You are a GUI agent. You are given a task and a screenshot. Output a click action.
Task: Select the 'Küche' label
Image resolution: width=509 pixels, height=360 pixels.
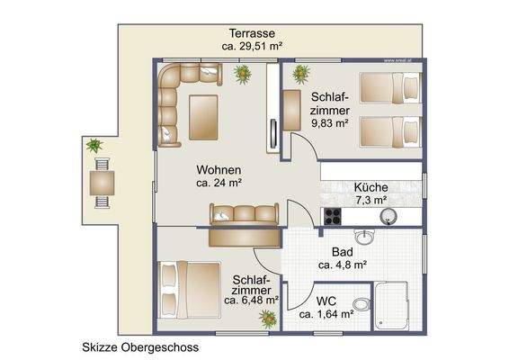coord(370,186)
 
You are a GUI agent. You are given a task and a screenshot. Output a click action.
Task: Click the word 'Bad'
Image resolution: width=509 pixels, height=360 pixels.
coord(342,252)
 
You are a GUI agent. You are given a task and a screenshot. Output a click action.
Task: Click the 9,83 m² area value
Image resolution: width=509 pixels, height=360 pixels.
coord(329,125)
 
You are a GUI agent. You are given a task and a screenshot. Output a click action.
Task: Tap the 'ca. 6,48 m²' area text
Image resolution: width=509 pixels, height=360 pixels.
coord(251,300)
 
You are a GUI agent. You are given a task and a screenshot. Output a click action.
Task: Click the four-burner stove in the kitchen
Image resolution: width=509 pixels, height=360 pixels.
coord(332,216)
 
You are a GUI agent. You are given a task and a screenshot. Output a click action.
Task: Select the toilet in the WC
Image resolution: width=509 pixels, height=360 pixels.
coord(361,302)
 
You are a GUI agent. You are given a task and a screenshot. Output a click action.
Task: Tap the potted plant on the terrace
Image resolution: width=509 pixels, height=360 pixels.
coord(93,144)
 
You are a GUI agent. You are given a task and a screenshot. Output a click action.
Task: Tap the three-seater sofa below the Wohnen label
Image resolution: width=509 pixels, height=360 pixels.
coord(244,214)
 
